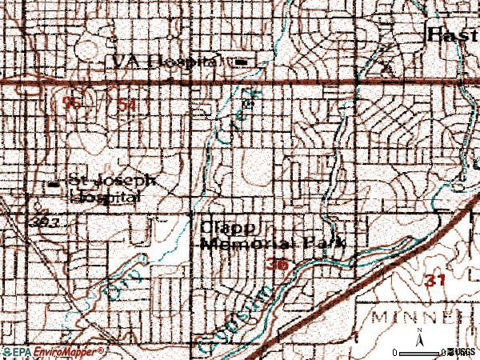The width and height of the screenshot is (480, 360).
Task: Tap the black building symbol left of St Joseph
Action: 54,183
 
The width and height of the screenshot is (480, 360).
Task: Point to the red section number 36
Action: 278,264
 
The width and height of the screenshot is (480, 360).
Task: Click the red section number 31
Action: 434,281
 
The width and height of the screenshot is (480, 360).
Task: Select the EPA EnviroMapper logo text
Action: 53,352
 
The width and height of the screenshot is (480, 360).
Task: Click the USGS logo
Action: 463,352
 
